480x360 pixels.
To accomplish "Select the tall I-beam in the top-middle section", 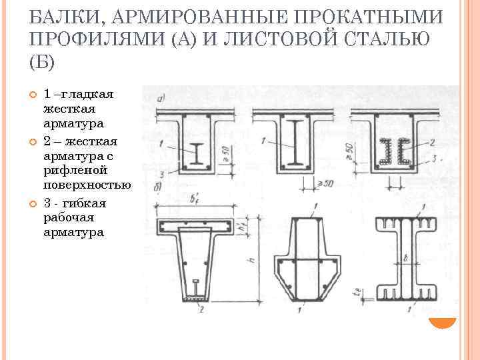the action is (x=293, y=143).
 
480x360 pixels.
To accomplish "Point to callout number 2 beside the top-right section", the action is (x=432, y=142).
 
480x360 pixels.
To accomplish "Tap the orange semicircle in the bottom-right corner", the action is (x=442, y=321).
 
